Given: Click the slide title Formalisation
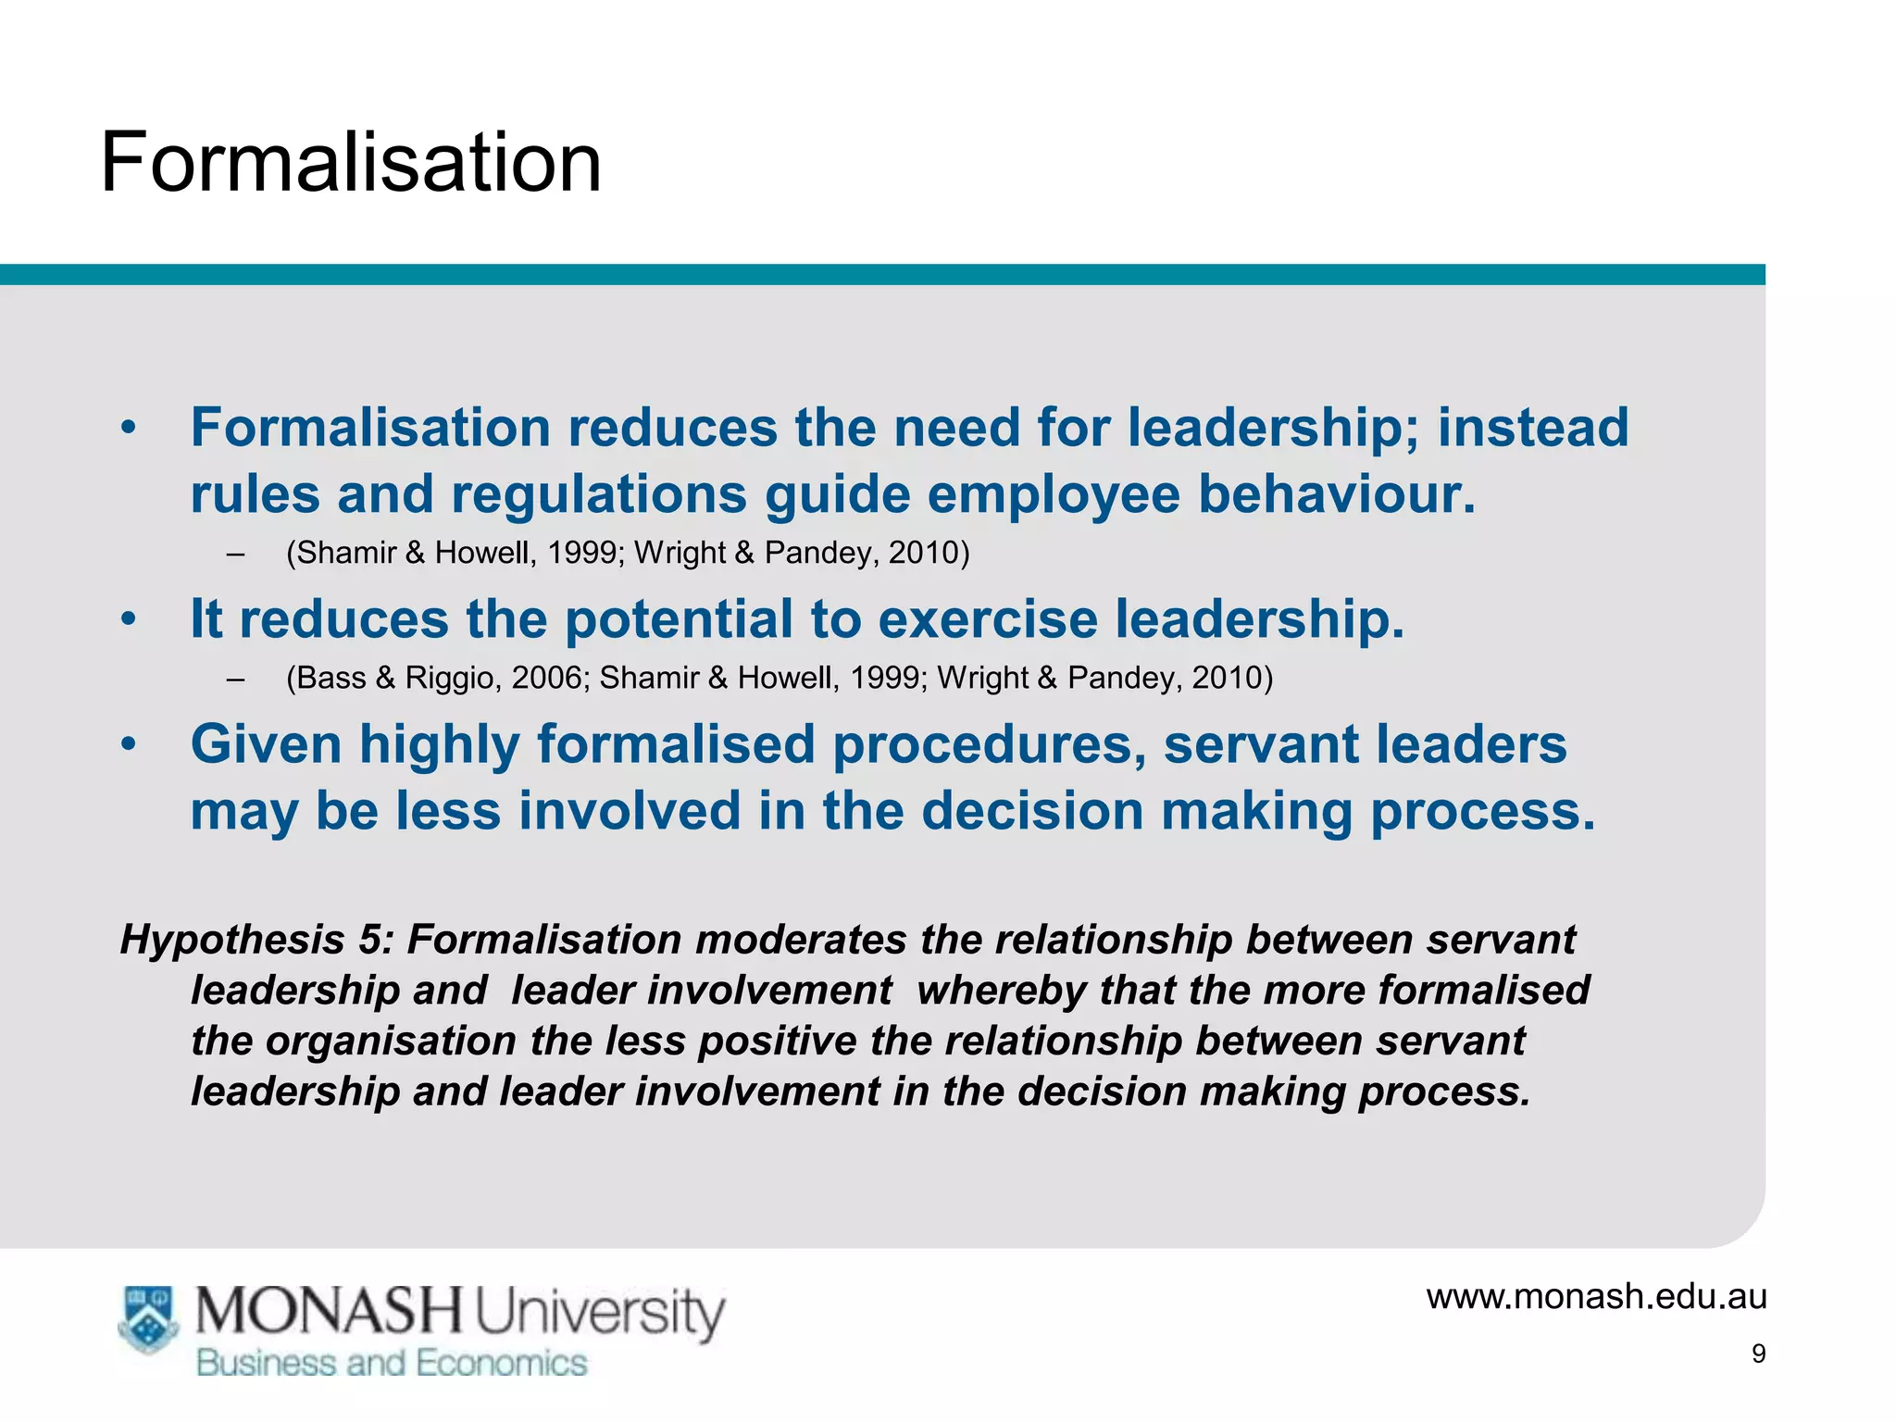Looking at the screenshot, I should pos(351,163).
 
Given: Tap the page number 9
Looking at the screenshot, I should pos(1758,1354).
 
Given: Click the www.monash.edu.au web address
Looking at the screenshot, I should pos(1596,1296).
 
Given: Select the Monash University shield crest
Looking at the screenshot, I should pos(148,1318).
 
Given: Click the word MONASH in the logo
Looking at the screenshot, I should pos(329,1312).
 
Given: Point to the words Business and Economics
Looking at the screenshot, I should pos(392,1363).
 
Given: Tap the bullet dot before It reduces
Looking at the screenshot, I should pos(129,618).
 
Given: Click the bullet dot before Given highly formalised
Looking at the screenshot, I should pos(129,743).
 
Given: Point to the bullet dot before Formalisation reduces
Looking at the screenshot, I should pos(129,428).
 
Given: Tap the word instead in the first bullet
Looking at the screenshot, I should pos(1532,428).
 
